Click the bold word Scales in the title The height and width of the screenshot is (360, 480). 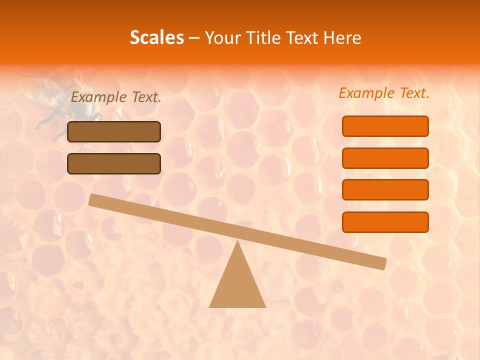156,38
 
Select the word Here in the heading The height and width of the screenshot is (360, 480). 342,38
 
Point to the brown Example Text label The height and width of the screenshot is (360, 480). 116,97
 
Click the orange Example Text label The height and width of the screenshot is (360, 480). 384,93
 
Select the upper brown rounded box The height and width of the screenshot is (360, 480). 114,131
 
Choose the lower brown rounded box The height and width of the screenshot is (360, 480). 114,163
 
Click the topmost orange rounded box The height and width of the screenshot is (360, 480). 385,126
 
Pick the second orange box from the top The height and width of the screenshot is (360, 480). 385,158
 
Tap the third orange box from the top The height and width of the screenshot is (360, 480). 385,190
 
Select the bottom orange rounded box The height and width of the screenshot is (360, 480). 385,222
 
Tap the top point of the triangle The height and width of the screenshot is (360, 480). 237,242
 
